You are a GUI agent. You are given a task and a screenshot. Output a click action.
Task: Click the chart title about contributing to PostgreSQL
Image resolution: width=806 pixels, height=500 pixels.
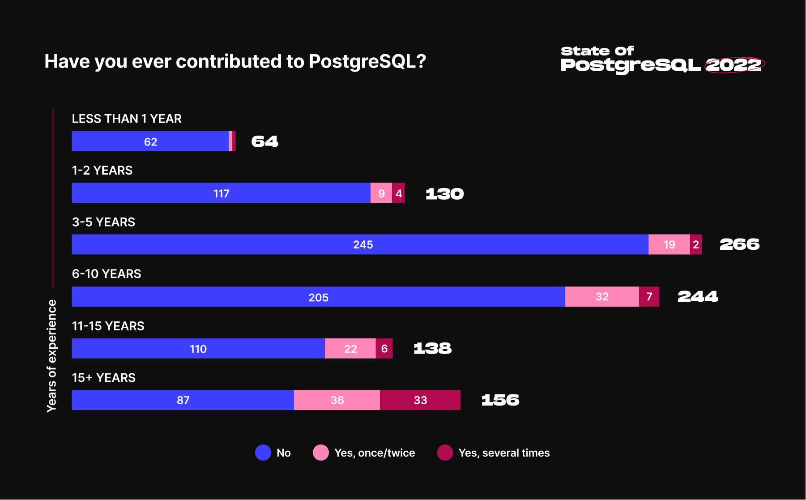235,61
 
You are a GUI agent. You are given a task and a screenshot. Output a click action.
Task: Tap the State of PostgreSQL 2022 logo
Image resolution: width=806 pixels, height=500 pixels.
662,59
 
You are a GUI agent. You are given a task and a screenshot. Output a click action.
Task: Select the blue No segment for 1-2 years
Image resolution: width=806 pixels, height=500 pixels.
221,193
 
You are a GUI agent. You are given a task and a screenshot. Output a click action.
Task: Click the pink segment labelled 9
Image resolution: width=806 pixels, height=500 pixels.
381,193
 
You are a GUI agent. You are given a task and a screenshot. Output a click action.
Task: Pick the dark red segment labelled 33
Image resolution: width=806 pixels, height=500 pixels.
420,400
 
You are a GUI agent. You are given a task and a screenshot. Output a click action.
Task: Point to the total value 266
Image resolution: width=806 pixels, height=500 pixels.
739,244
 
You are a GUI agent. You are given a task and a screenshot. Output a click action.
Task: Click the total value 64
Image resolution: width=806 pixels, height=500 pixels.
265,141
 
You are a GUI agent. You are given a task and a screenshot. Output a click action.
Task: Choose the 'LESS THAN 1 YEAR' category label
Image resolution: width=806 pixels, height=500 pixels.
127,119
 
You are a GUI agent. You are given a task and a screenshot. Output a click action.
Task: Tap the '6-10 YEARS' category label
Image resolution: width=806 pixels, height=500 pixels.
107,274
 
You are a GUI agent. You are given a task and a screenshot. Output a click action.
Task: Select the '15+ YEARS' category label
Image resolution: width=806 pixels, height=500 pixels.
104,378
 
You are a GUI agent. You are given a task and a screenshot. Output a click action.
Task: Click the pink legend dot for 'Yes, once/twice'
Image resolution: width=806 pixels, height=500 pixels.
321,453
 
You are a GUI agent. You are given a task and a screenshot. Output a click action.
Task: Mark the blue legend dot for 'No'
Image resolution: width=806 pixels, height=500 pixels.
263,453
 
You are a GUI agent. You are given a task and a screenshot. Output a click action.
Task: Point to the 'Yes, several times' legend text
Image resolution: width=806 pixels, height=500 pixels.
504,453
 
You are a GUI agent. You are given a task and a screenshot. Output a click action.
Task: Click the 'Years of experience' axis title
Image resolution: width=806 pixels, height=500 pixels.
52,356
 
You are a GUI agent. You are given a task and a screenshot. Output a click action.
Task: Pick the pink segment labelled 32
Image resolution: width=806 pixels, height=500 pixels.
602,297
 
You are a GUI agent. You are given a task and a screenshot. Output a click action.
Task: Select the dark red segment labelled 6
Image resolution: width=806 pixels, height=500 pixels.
384,349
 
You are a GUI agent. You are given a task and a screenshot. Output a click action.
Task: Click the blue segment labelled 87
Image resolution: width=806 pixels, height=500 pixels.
183,400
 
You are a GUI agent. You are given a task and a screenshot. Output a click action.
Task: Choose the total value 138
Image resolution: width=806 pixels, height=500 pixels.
432,349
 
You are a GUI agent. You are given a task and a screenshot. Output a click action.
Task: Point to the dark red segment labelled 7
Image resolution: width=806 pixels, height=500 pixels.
649,297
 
